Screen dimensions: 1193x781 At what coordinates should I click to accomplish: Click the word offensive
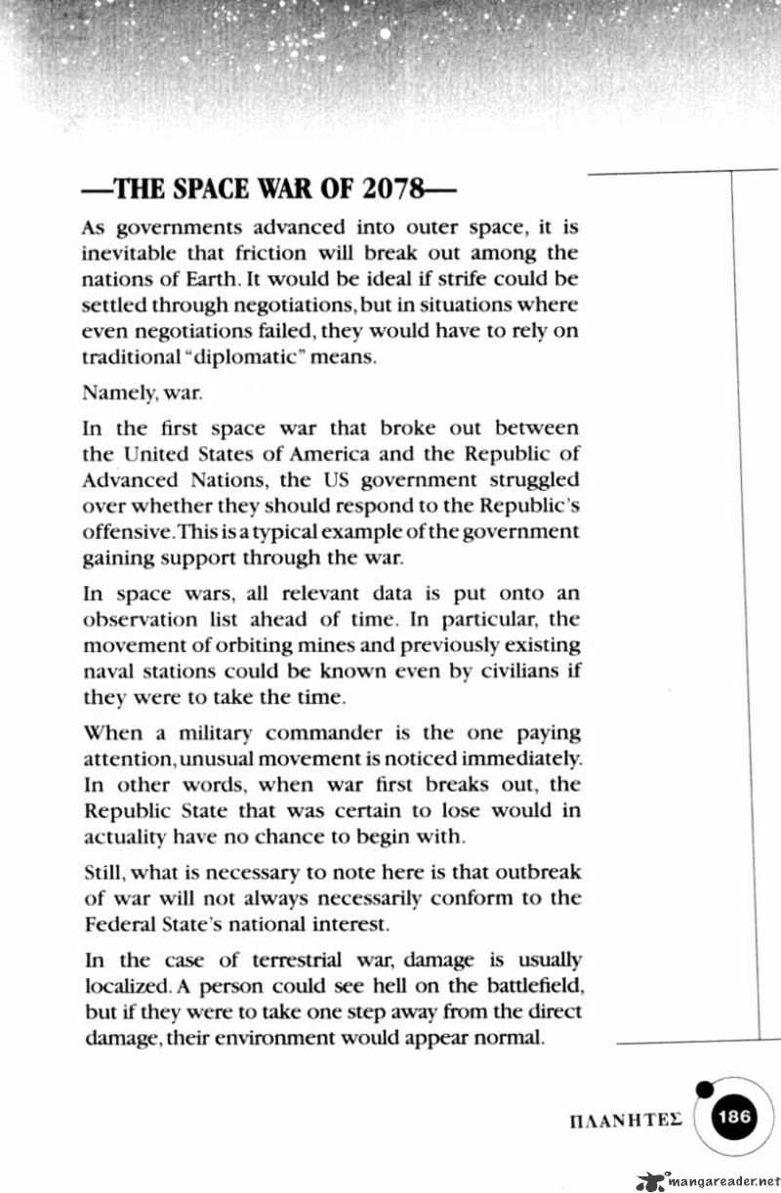coord(124,532)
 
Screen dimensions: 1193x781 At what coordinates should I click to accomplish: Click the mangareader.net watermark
coord(708,1179)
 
